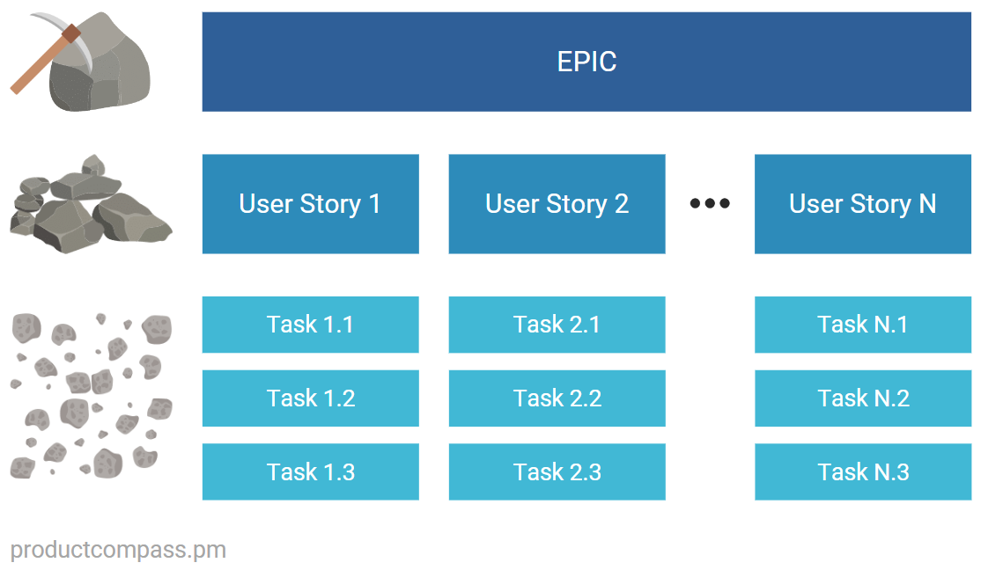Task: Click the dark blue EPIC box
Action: (x=586, y=62)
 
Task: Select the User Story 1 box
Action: (x=310, y=204)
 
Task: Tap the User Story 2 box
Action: (x=557, y=204)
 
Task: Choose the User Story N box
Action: (x=862, y=204)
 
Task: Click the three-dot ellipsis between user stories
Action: (x=710, y=203)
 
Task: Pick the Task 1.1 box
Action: (x=310, y=325)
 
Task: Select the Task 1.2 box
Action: (x=310, y=398)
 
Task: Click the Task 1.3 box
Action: (x=310, y=472)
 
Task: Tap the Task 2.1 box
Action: (x=557, y=325)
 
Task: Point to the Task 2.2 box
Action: (x=557, y=398)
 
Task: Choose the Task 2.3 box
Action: (x=557, y=472)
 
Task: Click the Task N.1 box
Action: (x=862, y=325)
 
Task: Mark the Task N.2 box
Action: (x=862, y=398)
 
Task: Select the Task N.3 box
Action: (x=862, y=472)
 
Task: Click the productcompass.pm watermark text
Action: (x=118, y=551)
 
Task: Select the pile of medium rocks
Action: (x=88, y=207)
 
